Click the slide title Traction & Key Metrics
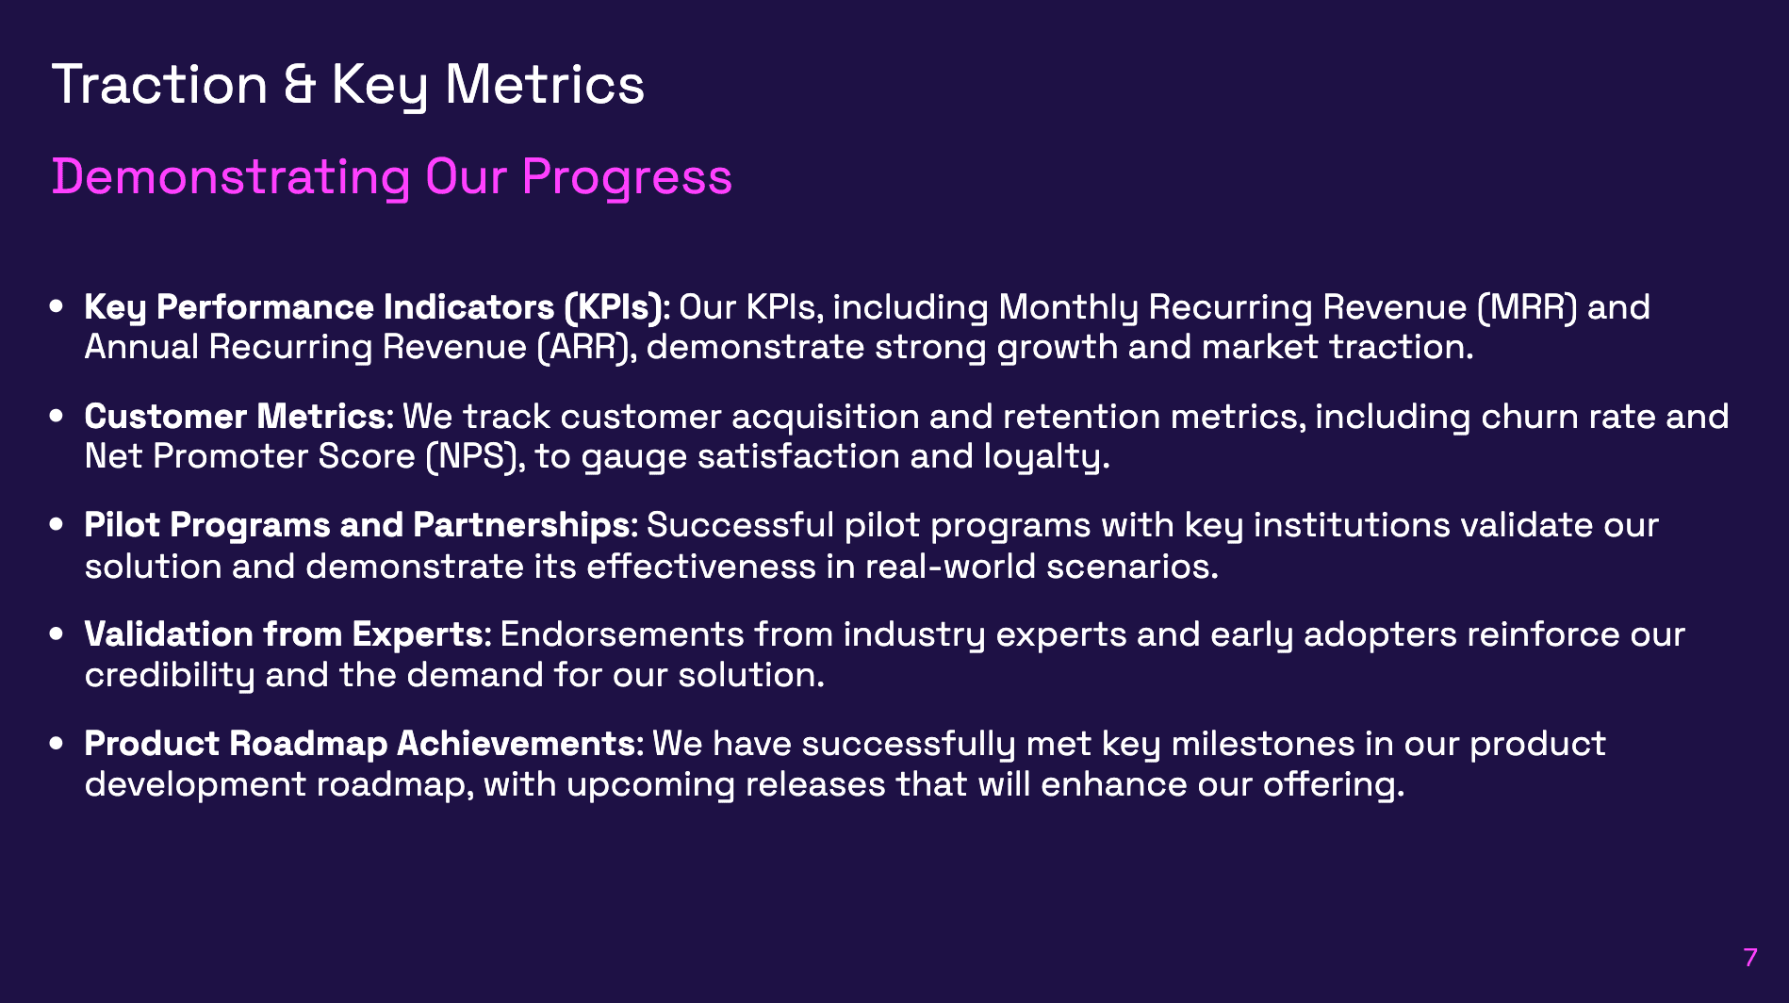[x=348, y=85]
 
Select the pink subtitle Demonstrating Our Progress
[x=391, y=177]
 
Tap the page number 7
[x=1750, y=958]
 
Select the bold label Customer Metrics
[x=236, y=417]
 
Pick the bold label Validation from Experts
[x=285, y=634]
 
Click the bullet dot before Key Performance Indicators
[x=57, y=307]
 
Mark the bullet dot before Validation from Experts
[x=57, y=634]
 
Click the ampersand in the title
[x=300, y=85]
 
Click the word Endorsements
[x=622, y=634]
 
